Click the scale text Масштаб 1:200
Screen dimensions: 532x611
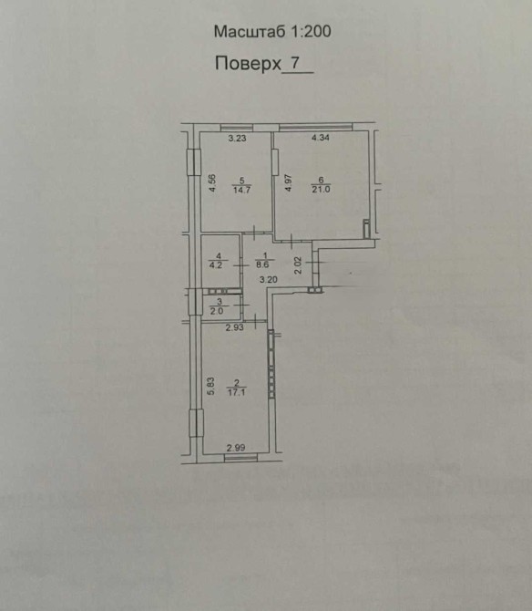[x=272, y=32]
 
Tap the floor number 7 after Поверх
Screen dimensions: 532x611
[x=296, y=62]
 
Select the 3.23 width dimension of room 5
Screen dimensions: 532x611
[x=237, y=138]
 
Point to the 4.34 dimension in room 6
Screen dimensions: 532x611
[x=321, y=138]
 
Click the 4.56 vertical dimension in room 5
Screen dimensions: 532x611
[x=212, y=183]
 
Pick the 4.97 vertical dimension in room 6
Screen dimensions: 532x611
[x=289, y=182]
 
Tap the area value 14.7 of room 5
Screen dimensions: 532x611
[x=241, y=191]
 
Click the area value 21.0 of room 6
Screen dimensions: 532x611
[x=321, y=190]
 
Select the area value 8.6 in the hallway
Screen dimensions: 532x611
[x=262, y=265]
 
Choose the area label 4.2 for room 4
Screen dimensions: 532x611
[x=216, y=265]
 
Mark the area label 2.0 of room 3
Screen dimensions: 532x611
[x=217, y=311]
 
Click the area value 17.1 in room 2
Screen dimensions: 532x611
[x=236, y=392]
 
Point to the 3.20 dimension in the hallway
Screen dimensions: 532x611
[x=269, y=279]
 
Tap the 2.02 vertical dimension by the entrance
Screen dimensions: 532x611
[x=298, y=265]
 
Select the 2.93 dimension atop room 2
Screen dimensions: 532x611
[x=235, y=327]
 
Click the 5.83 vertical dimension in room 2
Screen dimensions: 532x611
[x=210, y=387]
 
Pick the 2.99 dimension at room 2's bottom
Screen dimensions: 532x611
[x=236, y=448]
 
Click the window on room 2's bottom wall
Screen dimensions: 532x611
[x=240, y=458]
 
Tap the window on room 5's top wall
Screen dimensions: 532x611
[x=236, y=128]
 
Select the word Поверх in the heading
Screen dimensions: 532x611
[x=248, y=64]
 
